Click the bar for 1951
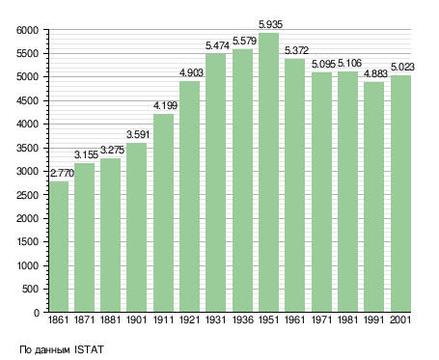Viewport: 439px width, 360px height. (268, 173)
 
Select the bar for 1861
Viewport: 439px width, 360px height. (59, 247)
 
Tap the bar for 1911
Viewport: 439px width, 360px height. (164, 213)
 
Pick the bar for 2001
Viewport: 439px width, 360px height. (400, 194)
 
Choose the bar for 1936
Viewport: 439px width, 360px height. (242, 180)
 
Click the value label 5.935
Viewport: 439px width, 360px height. (270, 24)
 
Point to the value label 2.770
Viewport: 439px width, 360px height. (62, 173)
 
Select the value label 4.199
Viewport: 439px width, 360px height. (165, 105)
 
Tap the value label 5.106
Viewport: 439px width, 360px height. (349, 63)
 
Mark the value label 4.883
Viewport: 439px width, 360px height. (375, 73)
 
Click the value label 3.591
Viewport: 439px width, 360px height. (138, 134)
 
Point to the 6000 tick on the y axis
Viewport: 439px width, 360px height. (27, 30)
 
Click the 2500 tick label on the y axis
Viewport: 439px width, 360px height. (27, 195)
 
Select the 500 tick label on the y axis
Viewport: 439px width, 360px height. (30, 289)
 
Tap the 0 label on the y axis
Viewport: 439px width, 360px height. (37, 313)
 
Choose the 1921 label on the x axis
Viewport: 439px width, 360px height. (189, 319)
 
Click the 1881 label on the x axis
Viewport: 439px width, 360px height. (110, 319)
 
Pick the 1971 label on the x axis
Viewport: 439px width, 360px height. (321, 319)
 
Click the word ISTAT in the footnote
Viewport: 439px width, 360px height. (89, 349)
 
